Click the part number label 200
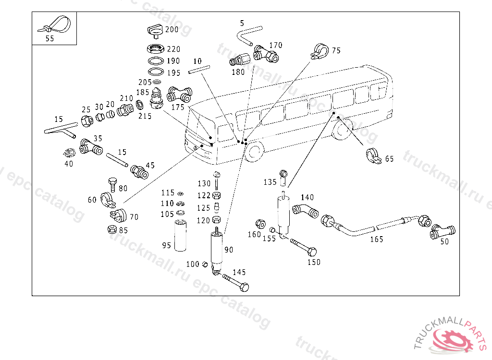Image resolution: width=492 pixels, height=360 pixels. [172, 30]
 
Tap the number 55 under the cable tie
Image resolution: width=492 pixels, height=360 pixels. [50, 39]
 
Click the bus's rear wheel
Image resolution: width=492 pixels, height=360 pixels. [343, 130]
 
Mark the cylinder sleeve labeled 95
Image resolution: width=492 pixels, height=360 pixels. [182, 235]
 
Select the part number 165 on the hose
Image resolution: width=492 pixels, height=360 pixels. [377, 239]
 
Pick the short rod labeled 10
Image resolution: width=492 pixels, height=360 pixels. [198, 70]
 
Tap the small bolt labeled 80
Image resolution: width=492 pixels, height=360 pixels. [112, 185]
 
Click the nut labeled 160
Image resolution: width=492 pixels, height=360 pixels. [260, 224]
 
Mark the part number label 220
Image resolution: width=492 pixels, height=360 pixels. [173, 49]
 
